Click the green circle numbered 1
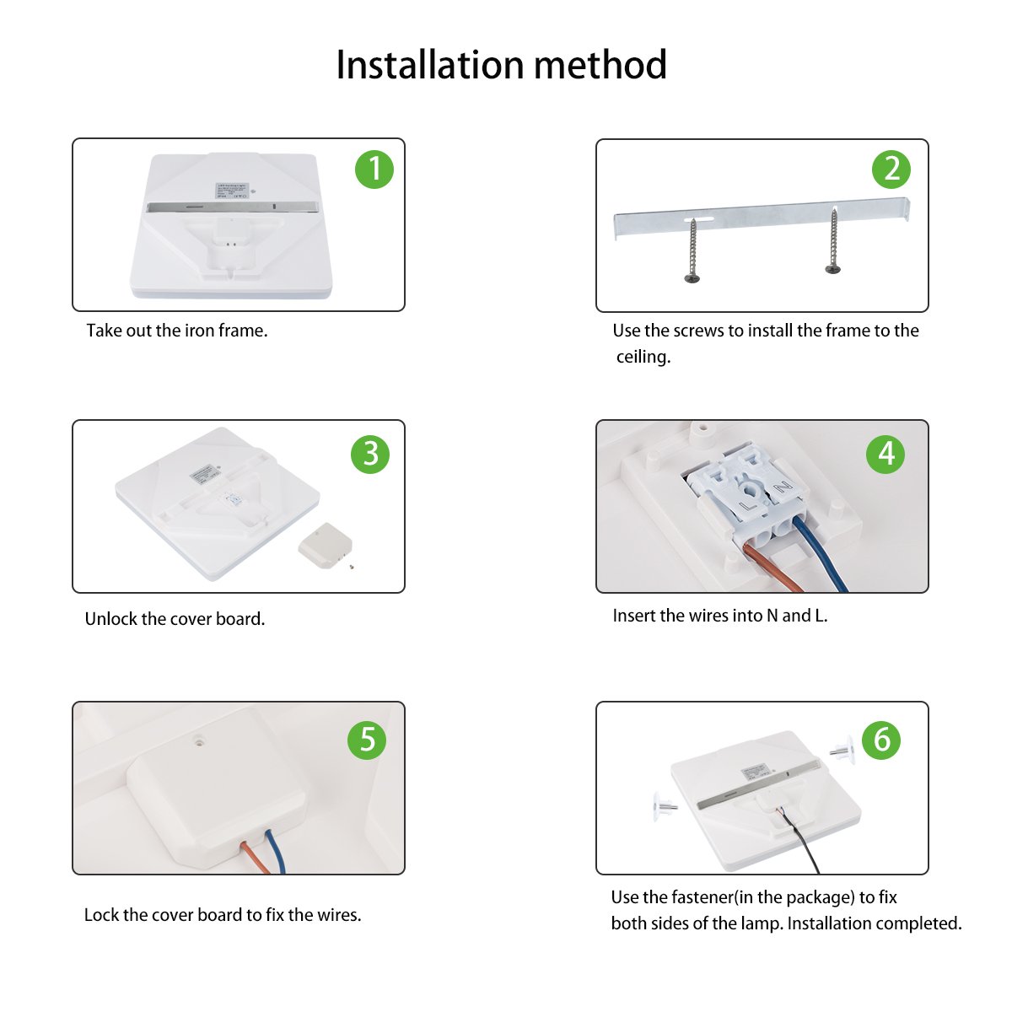pos(374,170)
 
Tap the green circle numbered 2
pos(891,170)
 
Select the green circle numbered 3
pos(370,454)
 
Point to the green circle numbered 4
pos(885,454)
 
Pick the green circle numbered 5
pos(367,740)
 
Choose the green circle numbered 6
pos(881,740)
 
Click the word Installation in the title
pos(428,65)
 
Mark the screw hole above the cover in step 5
pos(200,743)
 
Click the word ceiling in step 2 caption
pos(643,357)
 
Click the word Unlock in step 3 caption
pos(110,619)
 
